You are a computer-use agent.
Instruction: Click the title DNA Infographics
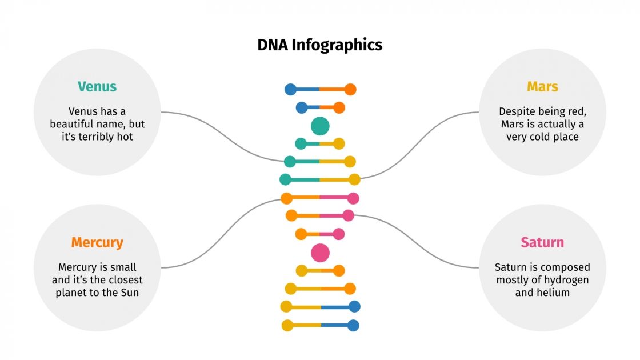[x=320, y=45]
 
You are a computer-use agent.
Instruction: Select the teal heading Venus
[x=97, y=87]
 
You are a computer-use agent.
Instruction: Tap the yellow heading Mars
[x=542, y=87]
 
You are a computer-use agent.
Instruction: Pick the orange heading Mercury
[x=97, y=242]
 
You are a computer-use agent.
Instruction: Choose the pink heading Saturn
[x=542, y=242]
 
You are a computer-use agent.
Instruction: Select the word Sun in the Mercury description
[x=130, y=293]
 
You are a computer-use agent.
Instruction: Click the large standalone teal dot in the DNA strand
[x=321, y=126]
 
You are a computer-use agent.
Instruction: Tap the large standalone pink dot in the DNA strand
[x=321, y=252]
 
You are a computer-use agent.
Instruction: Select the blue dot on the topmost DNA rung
[x=291, y=89]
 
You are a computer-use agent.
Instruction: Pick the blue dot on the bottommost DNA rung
[x=353, y=326]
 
